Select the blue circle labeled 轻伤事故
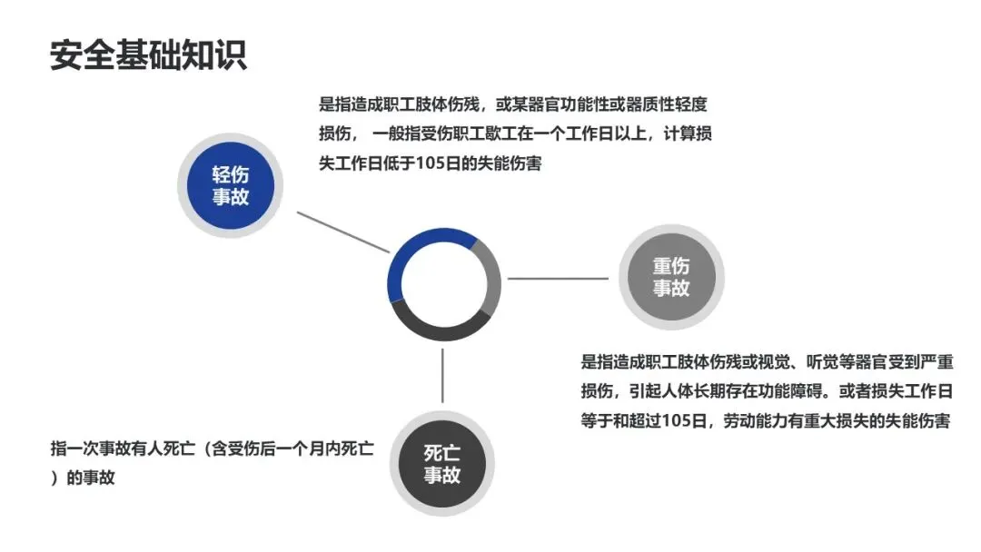pyautogui.click(x=231, y=186)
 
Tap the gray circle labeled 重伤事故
pyautogui.click(x=671, y=278)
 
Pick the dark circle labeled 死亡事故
pyautogui.click(x=442, y=463)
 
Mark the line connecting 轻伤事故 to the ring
pyautogui.click(x=343, y=232)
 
